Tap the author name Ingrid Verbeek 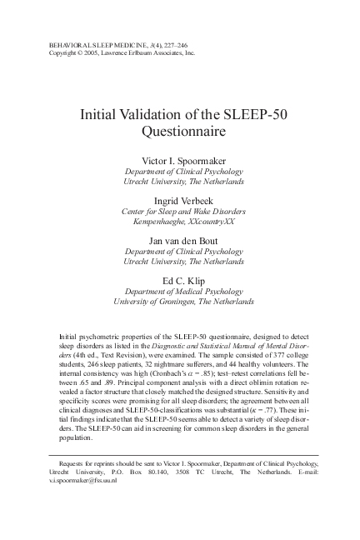click(x=181, y=201)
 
